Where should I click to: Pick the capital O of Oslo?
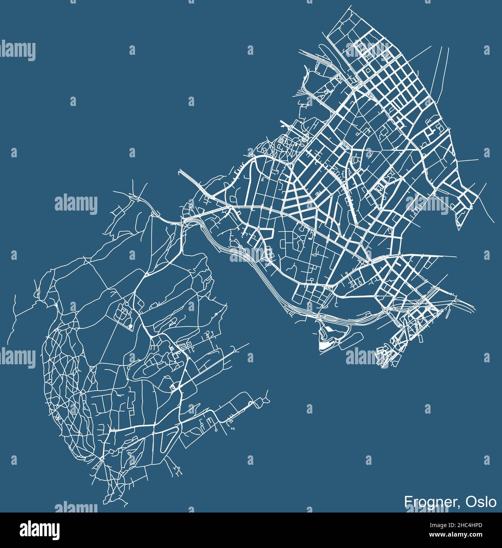point(470,502)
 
